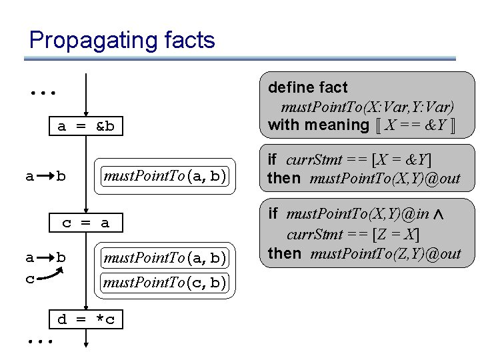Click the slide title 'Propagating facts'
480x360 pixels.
tap(122, 40)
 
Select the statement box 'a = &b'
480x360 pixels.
tap(86, 127)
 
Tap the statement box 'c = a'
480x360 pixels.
tap(86, 223)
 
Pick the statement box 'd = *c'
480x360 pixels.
tap(86, 320)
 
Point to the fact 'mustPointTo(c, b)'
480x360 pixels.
tap(164, 283)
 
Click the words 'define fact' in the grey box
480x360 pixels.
tap(307, 87)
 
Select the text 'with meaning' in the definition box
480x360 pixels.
tap(319, 125)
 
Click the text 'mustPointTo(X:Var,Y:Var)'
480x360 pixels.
tap(367, 107)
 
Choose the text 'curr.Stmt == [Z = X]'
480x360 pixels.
tap(353, 234)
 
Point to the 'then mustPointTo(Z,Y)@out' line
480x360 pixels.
tap(364, 253)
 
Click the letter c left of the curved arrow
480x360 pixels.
tap(29, 279)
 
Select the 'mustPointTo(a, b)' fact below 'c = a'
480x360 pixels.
tap(164, 257)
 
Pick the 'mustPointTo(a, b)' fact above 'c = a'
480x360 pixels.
tap(164, 177)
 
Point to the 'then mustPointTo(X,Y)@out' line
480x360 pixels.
tap(364, 179)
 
